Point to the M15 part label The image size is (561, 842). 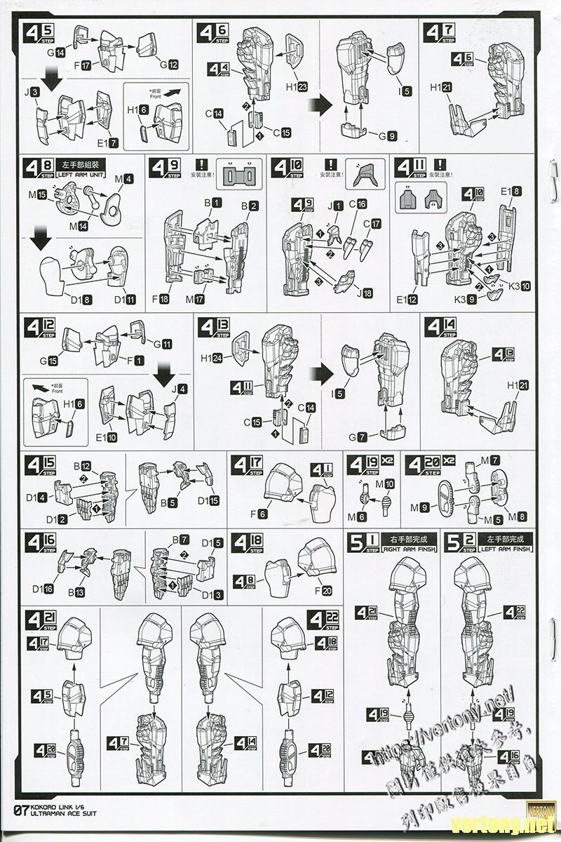[37, 193]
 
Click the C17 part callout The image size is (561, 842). [372, 224]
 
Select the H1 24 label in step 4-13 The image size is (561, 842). [211, 358]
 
